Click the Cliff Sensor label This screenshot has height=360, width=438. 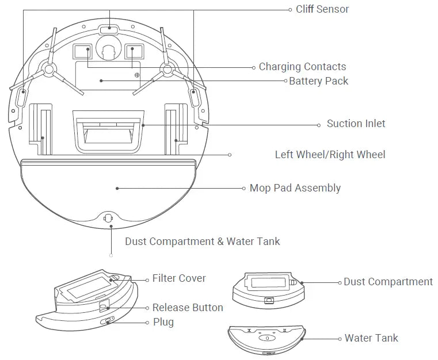tap(322, 9)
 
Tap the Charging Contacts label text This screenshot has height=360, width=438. tap(302, 67)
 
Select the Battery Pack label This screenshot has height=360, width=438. tap(318, 81)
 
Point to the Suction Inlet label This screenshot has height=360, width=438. tap(356, 124)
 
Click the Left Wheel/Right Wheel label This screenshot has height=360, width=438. tap(330, 155)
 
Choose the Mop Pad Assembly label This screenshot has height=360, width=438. tap(295, 188)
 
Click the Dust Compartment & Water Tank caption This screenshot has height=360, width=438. tap(202, 242)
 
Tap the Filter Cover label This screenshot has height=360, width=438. tap(178, 278)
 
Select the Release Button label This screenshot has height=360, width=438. tap(187, 308)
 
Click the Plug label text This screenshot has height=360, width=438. tap(163, 323)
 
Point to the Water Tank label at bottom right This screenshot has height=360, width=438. tap(371, 338)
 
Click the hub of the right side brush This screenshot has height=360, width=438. tap(167, 70)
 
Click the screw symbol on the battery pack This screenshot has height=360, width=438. tap(136, 75)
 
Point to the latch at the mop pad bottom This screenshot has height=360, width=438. tap(108, 219)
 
